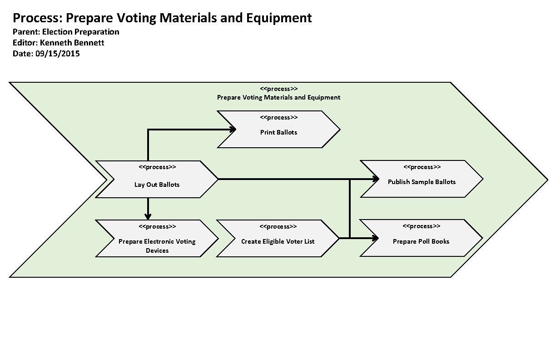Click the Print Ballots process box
tap(278, 132)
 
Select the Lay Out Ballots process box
tap(157, 184)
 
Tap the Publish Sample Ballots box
tap(422, 182)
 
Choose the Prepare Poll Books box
tap(421, 241)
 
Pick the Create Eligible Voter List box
tap(278, 241)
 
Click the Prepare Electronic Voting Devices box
tap(157, 245)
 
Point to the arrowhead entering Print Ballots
tap(233, 130)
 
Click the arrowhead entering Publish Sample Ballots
tap(375, 179)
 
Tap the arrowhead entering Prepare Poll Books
tap(375, 238)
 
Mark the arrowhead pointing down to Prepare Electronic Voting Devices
tap(148, 216)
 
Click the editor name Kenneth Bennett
tap(72, 43)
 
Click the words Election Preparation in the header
tap(80, 32)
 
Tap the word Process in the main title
tap(38, 18)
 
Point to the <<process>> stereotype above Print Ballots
tap(278, 118)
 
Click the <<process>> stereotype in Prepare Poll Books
tap(421, 226)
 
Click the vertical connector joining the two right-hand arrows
tap(349, 208)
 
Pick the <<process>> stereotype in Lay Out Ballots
tap(157, 167)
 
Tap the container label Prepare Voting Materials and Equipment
tap(278, 97)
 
